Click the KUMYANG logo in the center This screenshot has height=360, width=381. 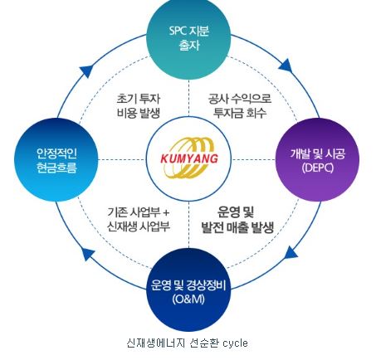click(189, 157)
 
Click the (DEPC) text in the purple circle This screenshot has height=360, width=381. click(317, 168)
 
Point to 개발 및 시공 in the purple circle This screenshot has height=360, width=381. click(317, 153)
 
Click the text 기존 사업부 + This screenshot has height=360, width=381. click(139, 211)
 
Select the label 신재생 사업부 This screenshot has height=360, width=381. click(139, 226)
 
